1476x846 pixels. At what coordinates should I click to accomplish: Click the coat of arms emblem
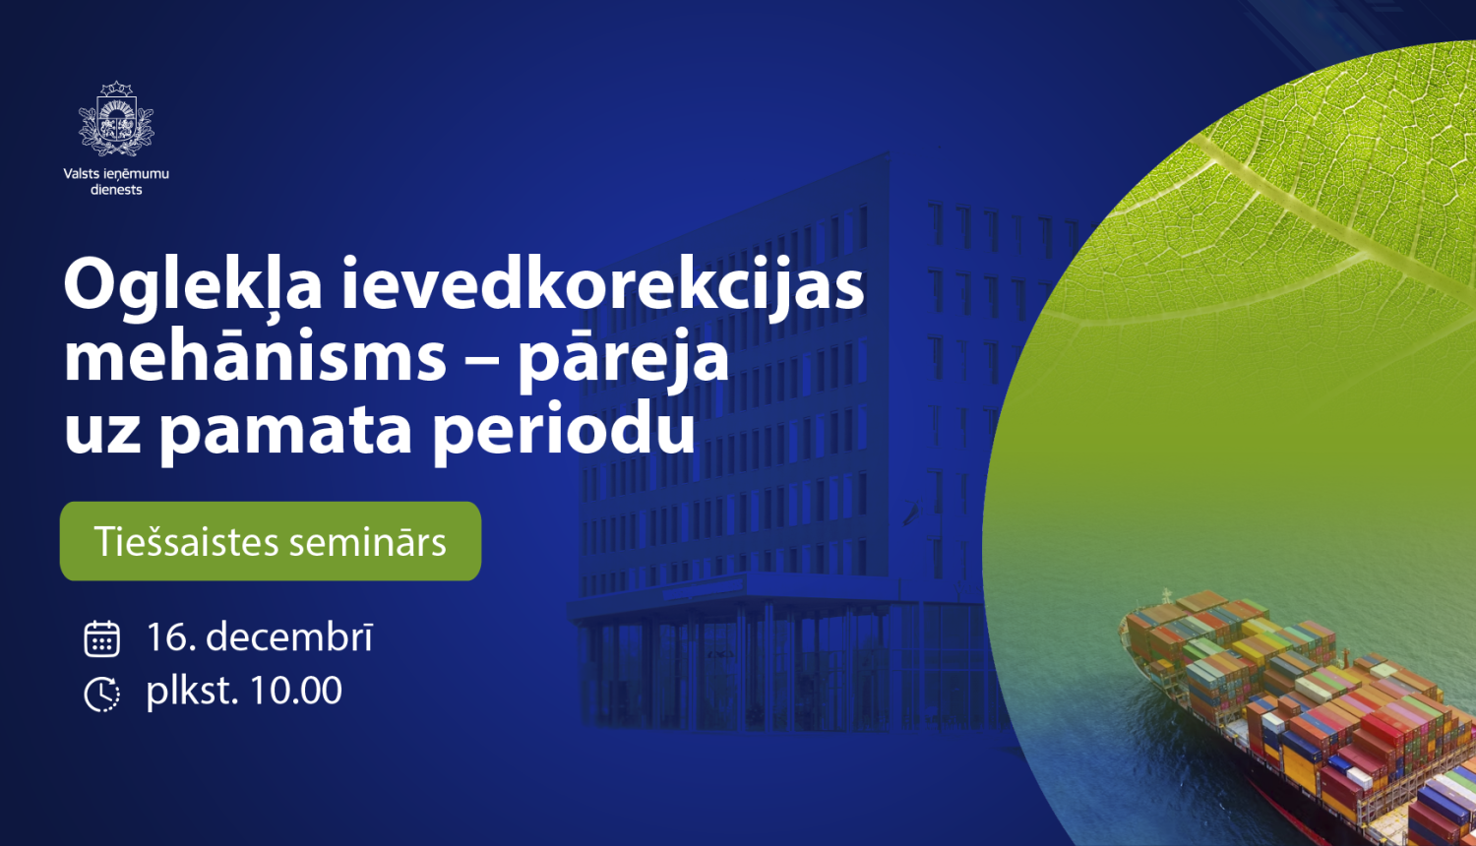pos(116,120)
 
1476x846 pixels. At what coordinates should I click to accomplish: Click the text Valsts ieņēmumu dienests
pos(116,181)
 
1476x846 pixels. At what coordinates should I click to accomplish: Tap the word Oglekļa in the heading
pos(193,285)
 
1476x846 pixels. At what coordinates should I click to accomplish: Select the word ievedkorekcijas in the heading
pos(602,285)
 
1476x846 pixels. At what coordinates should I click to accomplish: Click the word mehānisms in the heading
pos(255,357)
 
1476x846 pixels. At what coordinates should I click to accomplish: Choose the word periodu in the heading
pos(564,431)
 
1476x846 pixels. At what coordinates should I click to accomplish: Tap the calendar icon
pos(101,638)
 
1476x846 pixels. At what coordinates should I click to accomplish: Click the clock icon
pos(101,694)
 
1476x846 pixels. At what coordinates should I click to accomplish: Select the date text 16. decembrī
pos(260,637)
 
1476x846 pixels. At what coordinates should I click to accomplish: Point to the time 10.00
pos(294,691)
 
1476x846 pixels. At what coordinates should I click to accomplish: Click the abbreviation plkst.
pos(192,691)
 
